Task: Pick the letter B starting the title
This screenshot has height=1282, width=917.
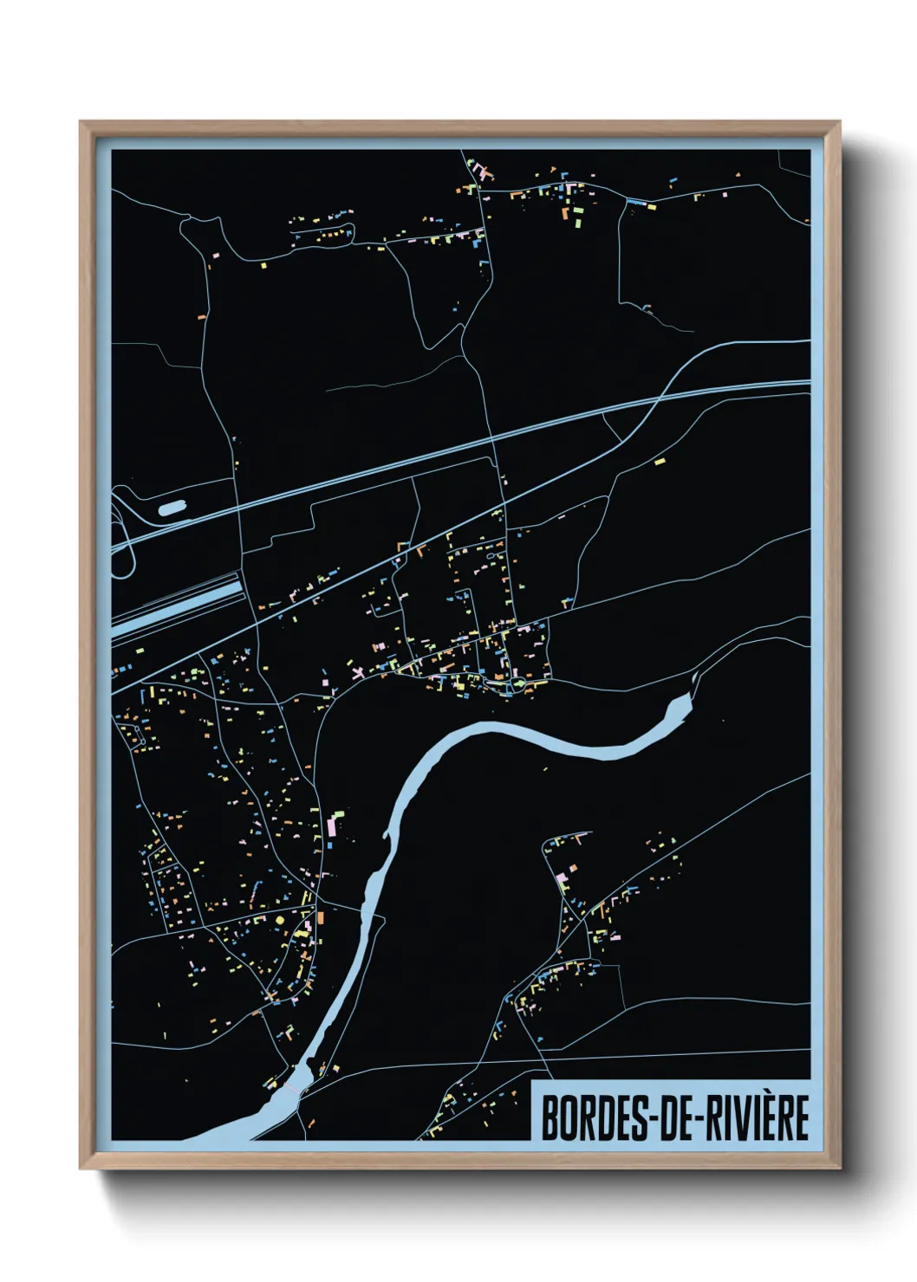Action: click(x=549, y=1117)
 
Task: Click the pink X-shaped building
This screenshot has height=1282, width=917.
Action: click(x=357, y=671)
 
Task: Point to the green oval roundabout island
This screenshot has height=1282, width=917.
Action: click(x=517, y=685)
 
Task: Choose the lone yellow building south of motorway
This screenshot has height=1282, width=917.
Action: click(x=659, y=462)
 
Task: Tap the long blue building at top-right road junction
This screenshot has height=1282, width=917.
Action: click(x=636, y=203)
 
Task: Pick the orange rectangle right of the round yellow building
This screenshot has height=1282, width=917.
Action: click(x=320, y=916)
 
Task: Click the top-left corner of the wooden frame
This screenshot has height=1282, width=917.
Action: click(x=81, y=122)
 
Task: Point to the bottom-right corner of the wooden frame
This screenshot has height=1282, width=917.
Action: click(x=839, y=1168)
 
